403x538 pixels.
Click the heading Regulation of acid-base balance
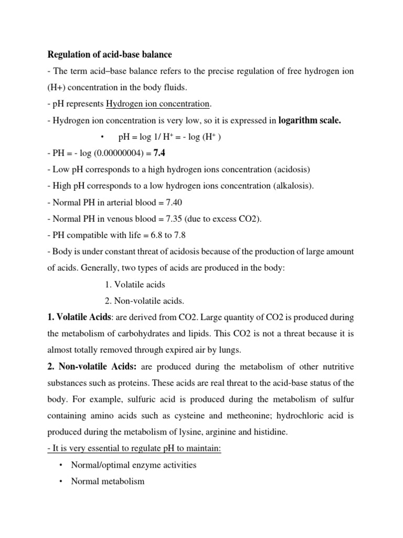click(110, 54)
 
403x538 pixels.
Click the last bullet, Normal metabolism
click(108, 481)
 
